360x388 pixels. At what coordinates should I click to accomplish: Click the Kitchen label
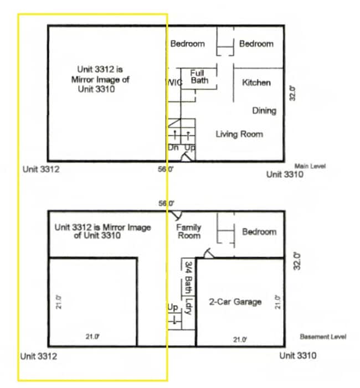pyautogui.click(x=256, y=82)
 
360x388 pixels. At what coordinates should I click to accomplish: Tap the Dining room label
pyautogui.click(x=264, y=110)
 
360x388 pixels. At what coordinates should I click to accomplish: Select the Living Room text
pyautogui.click(x=239, y=134)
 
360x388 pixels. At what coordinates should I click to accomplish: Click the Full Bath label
pyautogui.click(x=199, y=77)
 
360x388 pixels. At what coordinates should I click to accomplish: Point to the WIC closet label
pyautogui.click(x=174, y=82)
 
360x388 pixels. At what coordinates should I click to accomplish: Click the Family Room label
pyautogui.click(x=189, y=231)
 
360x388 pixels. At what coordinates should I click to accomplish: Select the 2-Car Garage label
pyautogui.click(x=235, y=302)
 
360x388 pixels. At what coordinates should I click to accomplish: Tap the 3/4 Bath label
pyautogui.click(x=189, y=277)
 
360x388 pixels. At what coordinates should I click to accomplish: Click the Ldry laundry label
pyautogui.click(x=189, y=307)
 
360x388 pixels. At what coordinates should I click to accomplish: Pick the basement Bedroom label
pyautogui.click(x=259, y=231)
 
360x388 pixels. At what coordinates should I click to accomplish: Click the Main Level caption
pyautogui.click(x=310, y=166)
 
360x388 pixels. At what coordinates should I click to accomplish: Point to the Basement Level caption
pyautogui.click(x=323, y=337)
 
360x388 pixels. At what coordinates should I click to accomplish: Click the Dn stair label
pyautogui.click(x=173, y=147)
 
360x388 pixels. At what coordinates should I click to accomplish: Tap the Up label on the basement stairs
pyautogui.click(x=173, y=308)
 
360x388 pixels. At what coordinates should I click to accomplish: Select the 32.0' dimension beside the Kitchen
pyautogui.click(x=292, y=94)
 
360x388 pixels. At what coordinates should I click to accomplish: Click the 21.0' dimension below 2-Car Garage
pyautogui.click(x=240, y=339)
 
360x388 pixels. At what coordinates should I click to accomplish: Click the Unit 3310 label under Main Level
pyautogui.click(x=285, y=174)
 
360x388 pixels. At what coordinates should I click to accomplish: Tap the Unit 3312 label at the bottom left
pyautogui.click(x=39, y=356)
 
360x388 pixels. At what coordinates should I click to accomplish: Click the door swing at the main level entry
pyautogui.click(x=186, y=157)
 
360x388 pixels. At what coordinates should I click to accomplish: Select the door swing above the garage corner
pyautogui.click(x=208, y=253)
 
